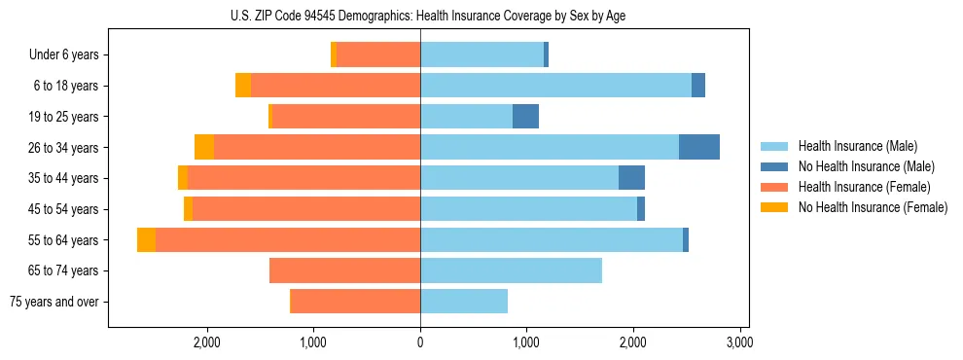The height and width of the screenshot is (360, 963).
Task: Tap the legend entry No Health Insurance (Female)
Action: coord(872,207)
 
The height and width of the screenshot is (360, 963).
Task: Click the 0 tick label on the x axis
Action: coord(420,342)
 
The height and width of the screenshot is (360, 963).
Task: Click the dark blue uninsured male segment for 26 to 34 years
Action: coord(699,147)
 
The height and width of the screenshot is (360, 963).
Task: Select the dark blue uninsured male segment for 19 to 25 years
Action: coord(525,117)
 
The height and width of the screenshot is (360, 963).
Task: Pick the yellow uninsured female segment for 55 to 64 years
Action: coord(146,240)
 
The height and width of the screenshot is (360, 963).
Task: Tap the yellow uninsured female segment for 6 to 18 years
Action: coord(243,86)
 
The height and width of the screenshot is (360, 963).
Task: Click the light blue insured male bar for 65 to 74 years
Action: coord(511,270)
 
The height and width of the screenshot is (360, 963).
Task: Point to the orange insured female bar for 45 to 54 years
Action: coord(306,209)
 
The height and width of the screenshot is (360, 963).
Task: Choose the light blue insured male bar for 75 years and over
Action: coord(464,302)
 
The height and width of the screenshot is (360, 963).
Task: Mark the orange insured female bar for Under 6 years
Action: coord(378,55)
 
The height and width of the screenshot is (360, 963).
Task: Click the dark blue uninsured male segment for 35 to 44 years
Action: coord(631,178)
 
